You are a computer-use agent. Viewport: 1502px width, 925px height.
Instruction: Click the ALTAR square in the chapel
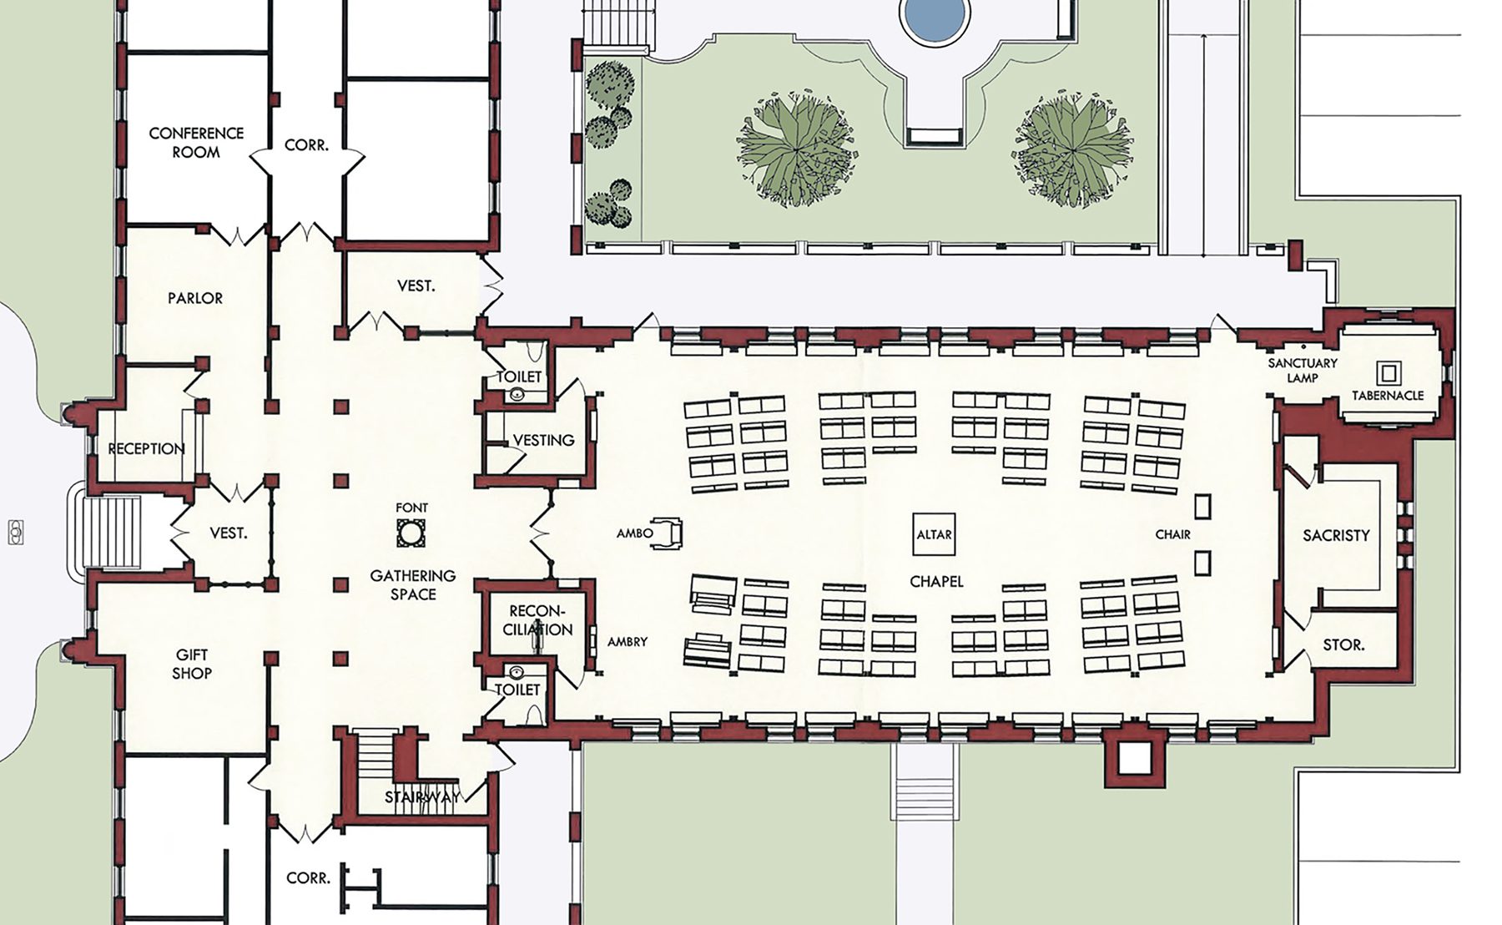pyautogui.click(x=934, y=533)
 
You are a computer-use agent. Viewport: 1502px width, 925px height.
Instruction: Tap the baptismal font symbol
pyautogui.click(x=411, y=533)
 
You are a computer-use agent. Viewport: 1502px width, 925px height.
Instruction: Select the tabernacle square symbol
pyautogui.click(x=1389, y=372)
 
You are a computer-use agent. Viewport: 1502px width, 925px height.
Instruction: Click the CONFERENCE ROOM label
pyautogui.click(x=196, y=143)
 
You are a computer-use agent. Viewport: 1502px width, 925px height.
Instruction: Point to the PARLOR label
pyautogui.click(x=195, y=298)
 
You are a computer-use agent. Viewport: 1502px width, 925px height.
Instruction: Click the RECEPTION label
pyautogui.click(x=146, y=448)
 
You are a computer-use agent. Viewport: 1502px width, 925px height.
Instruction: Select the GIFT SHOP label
pyautogui.click(x=192, y=664)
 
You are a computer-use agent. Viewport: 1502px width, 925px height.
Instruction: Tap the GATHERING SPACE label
pyautogui.click(x=413, y=584)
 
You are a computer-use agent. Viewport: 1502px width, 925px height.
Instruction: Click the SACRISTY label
pyautogui.click(x=1336, y=535)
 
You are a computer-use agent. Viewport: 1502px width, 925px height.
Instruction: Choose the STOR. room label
pyautogui.click(x=1343, y=644)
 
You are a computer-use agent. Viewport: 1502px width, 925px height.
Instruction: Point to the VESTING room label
pyautogui.click(x=543, y=440)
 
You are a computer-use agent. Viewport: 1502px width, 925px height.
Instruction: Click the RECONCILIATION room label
pyautogui.click(x=538, y=620)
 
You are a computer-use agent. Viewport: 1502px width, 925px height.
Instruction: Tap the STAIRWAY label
pyautogui.click(x=422, y=797)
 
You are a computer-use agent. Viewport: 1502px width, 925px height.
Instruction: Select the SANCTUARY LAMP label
pyautogui.click(x=1303, y=370)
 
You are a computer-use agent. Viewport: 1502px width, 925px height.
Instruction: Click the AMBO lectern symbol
pyautogui.click(x=670, y=533)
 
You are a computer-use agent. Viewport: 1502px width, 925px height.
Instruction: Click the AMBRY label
pyautogui.click(x=628, y=642)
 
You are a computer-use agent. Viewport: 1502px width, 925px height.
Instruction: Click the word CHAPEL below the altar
pyautogui.click(x=936, y=581)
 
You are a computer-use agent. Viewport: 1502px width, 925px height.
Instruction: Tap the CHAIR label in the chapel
pyautogui.click(x=1172, y=534)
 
